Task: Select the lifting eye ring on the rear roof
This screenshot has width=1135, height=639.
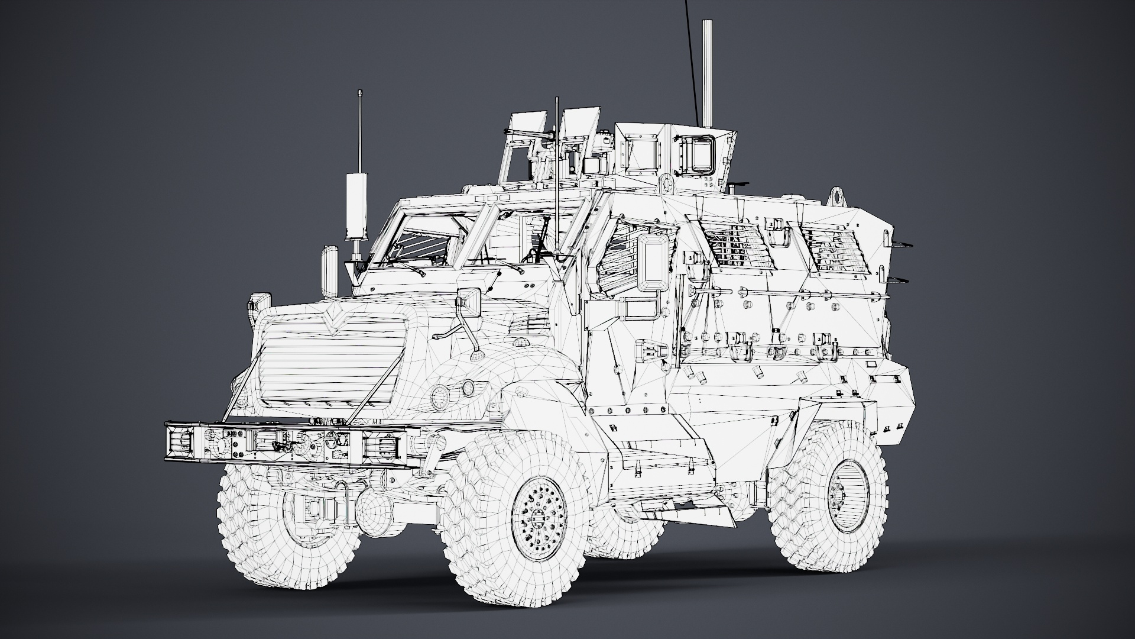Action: tap(836, 195)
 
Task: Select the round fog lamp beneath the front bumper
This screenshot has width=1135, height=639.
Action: tap(376, 508)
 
